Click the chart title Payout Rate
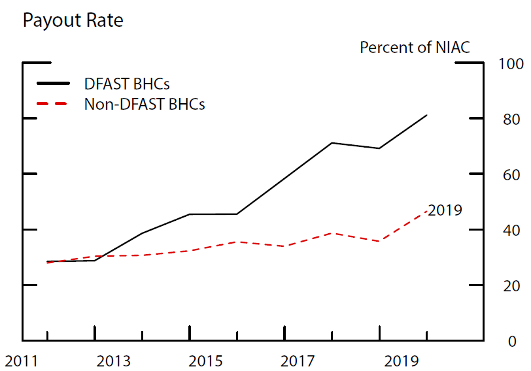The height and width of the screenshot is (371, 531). click(73, 20)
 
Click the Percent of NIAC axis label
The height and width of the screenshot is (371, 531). click(415, 47)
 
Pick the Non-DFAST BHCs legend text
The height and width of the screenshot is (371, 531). click(145, 104)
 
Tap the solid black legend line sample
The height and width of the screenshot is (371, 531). click(53, 84)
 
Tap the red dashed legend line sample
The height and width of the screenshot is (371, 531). click(53, 104)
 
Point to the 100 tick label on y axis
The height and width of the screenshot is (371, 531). click(511, 64)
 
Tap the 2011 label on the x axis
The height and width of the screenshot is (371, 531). click(21, 361)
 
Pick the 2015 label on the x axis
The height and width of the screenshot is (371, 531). click(207, 361)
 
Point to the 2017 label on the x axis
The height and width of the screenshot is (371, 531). click(300, 361)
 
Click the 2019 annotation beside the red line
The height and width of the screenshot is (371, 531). click(446, 210)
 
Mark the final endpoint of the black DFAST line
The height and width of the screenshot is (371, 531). click(427, 115)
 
